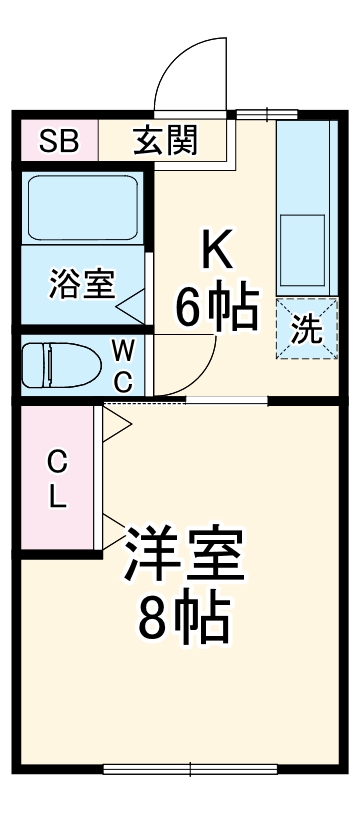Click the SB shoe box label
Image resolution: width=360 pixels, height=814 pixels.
(x=58, y=140)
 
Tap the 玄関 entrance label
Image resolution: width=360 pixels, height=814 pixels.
(x=166, y=140)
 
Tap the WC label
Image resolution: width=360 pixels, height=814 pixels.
(x=122, y=364)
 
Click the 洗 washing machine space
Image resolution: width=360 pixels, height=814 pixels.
(x=308, y=329)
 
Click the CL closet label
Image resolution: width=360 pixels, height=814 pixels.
(x=58, y=480)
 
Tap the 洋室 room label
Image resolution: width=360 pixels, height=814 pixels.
(x=184, y=557)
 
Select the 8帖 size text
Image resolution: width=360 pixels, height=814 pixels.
(x=184, y=619)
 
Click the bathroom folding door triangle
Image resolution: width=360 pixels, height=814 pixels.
(x=133, y=297)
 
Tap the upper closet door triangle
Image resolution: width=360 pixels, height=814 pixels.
(x=115, y=421)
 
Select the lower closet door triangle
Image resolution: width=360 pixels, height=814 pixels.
(x=115, y=531)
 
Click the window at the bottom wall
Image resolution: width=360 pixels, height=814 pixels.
(x=190, y=769)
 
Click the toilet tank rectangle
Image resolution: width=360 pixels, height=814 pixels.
(x=31, y=364)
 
